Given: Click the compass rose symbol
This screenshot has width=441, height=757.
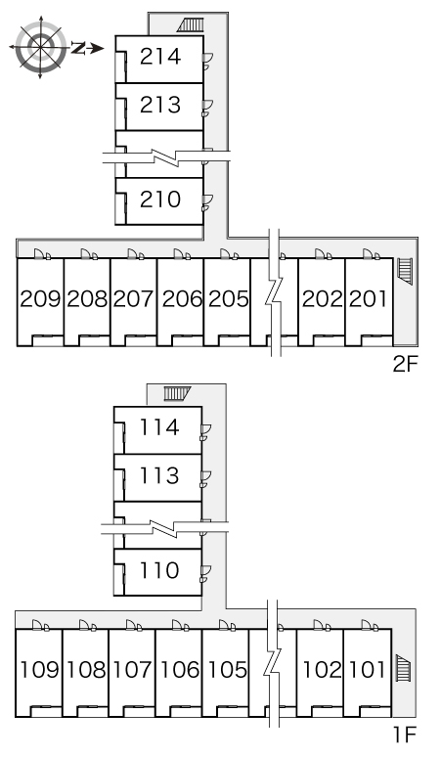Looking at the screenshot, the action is (40, 47).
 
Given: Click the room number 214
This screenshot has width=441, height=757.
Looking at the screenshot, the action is (160, 57).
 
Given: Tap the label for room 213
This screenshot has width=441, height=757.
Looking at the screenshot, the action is (160, 105).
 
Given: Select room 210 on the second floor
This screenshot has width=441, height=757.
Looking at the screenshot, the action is (160, 199).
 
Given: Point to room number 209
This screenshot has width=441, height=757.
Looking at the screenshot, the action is (40, 299).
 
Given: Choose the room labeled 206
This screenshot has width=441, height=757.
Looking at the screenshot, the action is (182, 299).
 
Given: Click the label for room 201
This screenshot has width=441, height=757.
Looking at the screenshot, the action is (368, 299).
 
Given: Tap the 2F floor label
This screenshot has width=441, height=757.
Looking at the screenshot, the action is (404, 364).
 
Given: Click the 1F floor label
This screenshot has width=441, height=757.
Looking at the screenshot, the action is (404, 735).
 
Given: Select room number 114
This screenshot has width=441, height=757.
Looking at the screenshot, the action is (158, 427).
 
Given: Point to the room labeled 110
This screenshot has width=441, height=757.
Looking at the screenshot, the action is (158, 570).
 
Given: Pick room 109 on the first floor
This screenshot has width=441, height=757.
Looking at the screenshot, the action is (39, 670).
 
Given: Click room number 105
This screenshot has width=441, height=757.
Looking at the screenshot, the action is (228, 670).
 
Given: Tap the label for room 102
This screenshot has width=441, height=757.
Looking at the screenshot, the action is (322, 670).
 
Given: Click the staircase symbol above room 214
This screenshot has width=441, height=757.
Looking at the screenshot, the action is (191, 24).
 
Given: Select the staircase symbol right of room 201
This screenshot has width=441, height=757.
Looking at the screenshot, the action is (405, 271).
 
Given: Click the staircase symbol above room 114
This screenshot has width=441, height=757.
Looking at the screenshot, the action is (177, 394).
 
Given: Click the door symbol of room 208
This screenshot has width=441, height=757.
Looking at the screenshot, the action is (88, 254).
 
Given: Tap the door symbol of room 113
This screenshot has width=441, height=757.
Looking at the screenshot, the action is (206, 478).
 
